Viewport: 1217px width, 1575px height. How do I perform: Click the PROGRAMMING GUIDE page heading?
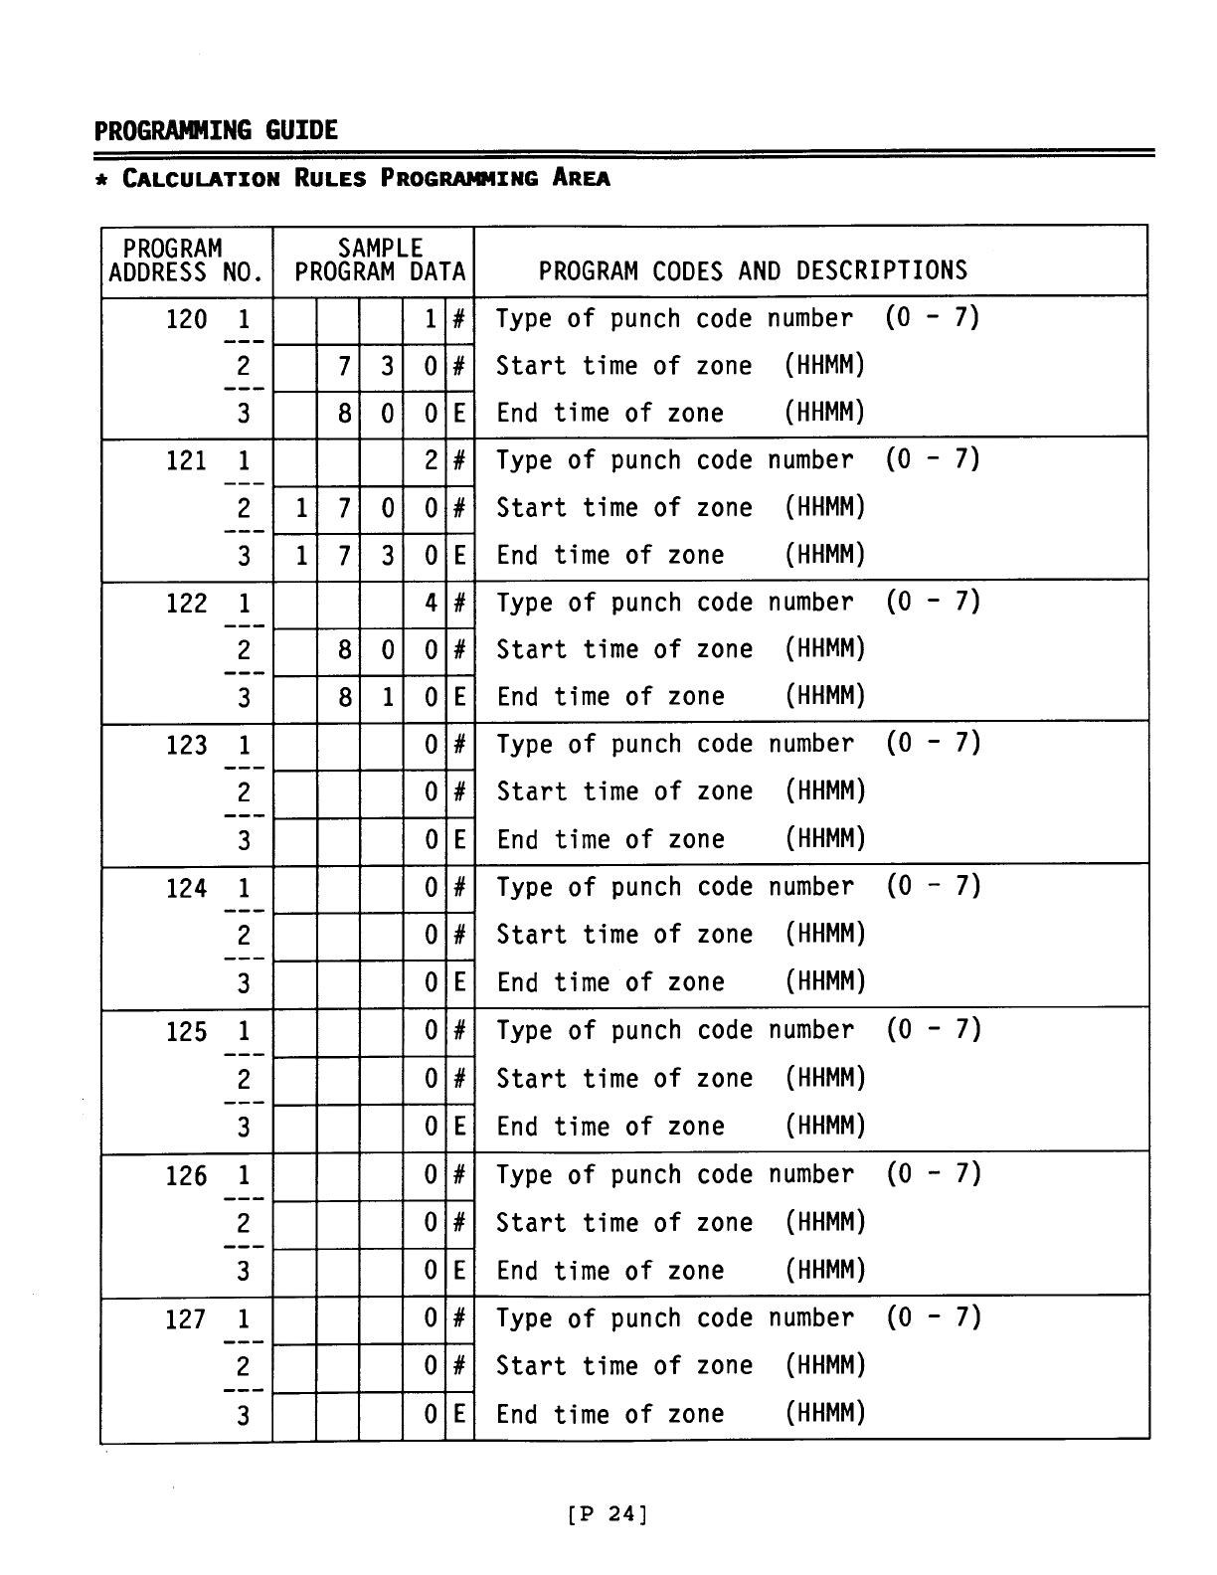click(216, 130)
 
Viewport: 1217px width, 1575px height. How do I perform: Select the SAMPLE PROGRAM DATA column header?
click(380, 261)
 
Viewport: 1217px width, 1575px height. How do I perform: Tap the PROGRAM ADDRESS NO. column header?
click(186, 261)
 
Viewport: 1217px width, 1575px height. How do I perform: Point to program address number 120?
click(186, 320)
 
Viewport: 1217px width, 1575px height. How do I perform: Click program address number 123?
click(186, 746)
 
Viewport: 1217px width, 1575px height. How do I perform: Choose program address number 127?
click(186, 1320)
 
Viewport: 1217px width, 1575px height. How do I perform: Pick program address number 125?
click(186, 1032)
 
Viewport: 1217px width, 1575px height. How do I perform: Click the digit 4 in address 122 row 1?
click(431, 604)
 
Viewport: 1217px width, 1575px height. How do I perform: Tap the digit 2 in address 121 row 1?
click(431, 461)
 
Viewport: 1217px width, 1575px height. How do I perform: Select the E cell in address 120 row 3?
click(458, 414)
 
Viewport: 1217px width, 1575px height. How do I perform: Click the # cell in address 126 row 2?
click(458, 1223)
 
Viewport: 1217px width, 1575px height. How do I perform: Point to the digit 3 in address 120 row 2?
click(387, 367)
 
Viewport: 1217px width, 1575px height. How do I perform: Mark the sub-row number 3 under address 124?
click(244, 984)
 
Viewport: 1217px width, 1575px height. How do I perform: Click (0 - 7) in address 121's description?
click(933, 460)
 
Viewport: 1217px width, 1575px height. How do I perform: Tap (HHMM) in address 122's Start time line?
click(824, 649)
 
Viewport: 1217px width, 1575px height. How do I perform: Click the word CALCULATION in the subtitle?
click(201, 179)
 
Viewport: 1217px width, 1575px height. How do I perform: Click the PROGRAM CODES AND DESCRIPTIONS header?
click(753, 270)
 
